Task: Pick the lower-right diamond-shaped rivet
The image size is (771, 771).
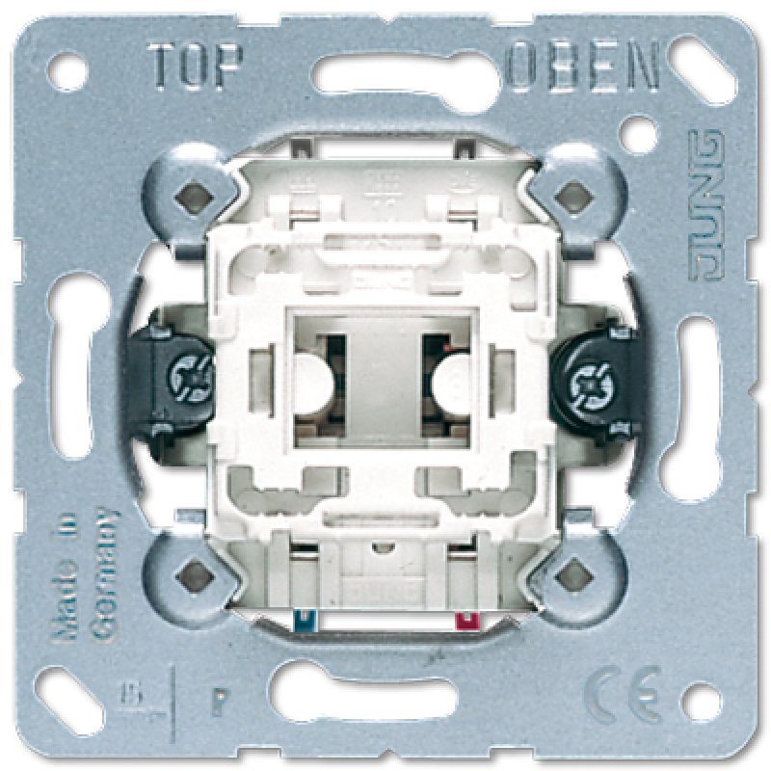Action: pyautogui.click(x=573, y=575)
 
